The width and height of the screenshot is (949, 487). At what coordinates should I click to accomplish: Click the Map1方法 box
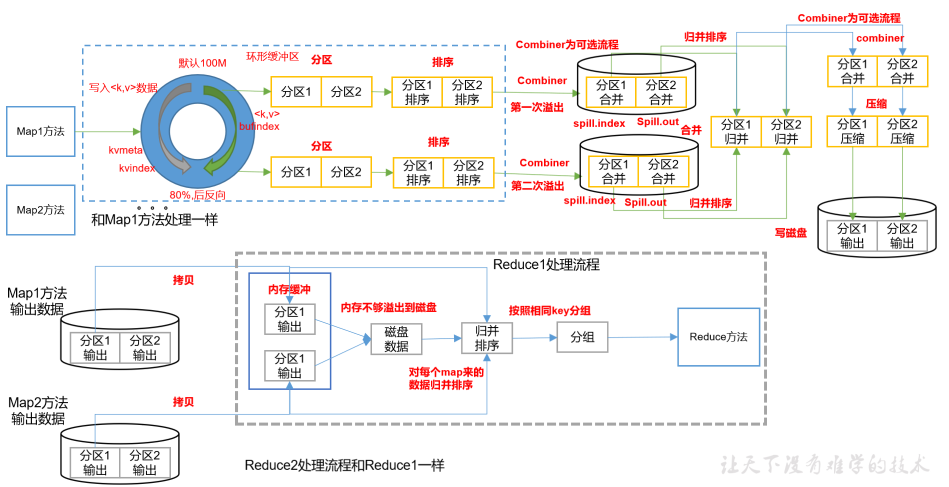(x=40, y=131)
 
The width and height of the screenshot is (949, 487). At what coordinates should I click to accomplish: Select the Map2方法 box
(x=40, y=210)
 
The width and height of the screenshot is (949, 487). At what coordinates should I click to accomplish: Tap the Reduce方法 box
(x=718, y=337)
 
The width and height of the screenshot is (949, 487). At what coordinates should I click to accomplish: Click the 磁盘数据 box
(x=396, y=339)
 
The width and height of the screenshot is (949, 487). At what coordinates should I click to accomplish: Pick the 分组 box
(x=582, y=337)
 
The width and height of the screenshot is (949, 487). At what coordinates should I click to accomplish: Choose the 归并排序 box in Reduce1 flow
(x=486, y=338)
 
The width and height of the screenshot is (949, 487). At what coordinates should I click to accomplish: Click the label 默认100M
(x=202, y=63)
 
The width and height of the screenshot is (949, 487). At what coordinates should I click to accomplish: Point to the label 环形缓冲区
(x=272, y=56)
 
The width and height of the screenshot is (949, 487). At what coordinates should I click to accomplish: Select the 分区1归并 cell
(x=736, y=132)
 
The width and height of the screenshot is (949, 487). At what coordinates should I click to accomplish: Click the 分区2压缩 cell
(x=902, y=131)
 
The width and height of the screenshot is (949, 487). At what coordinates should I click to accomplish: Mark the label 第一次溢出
(x=537, y=107)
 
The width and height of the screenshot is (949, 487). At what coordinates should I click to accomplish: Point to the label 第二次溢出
(x=537, y=186)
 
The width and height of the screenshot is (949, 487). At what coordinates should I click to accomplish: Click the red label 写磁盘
(x=790, y=233)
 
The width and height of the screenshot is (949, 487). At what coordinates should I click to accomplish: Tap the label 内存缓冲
(x=289, y=289)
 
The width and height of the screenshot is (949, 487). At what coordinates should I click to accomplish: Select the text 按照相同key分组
(x=549, y=310)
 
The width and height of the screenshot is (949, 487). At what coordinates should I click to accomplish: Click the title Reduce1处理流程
(x=546, y=264)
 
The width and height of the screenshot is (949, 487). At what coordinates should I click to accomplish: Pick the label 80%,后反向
(x=197, y=195)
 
